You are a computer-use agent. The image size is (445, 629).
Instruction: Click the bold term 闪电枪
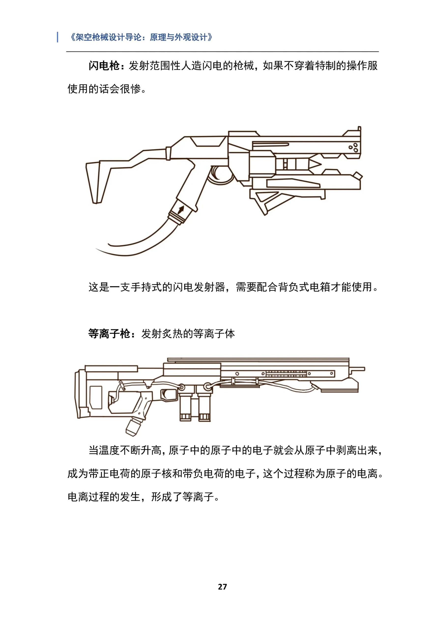(x=104, y=66)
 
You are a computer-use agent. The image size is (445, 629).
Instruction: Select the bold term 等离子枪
(x=109, y=334)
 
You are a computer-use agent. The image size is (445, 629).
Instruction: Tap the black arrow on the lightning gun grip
(x=181, y=210)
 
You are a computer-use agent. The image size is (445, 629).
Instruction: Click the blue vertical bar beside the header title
(x=57, y=37)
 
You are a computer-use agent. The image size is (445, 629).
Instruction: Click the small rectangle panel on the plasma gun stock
(x=96, y=398)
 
